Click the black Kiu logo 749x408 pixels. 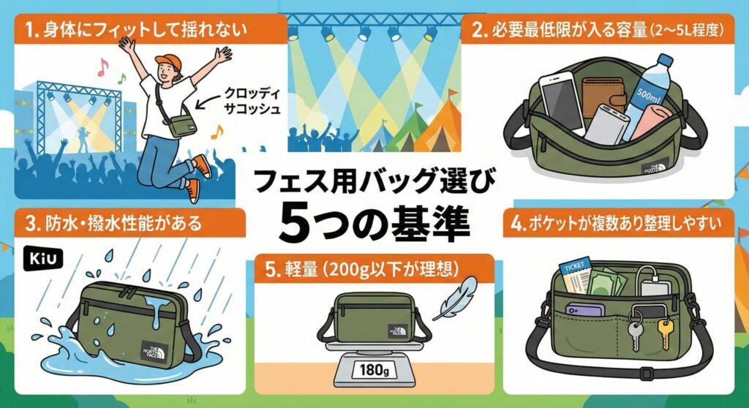click(43, 258)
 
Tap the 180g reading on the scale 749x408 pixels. click(374, 369)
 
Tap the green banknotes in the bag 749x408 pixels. click(606, 282)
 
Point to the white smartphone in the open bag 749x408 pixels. click(562, 102)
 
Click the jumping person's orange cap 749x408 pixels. click(168, 62)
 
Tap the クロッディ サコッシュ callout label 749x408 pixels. click(252, 102)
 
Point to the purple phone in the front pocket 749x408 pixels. click(585, 309)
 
